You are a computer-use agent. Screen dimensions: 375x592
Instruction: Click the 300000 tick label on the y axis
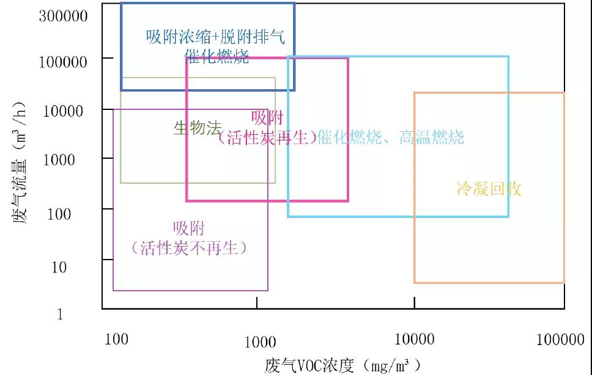pyautogui.click(x=64, y=16)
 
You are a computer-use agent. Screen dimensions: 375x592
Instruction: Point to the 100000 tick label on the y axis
pyautogui.click(x=64, y=62)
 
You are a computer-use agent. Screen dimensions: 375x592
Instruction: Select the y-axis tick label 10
pyautogui.click(x=59, y=267)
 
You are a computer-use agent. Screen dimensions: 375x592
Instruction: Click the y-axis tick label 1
pyautogui.click(x=60, y=315)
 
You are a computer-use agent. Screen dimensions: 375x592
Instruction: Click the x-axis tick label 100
pyautogui.click(x=116, y=339)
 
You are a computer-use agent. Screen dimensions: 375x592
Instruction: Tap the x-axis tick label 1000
pyautogui.click(x=260, y=342)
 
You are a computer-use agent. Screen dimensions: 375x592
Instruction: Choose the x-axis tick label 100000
pyautogui.click(x=560, y=340)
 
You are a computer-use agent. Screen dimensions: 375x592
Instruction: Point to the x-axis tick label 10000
pyautogui.click(x=414, y=339)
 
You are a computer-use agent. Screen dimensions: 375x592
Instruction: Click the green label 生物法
pyautogui.click(x=197, y=128)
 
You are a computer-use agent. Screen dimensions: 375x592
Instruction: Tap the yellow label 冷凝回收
pyautogui.click(x=489, y=189)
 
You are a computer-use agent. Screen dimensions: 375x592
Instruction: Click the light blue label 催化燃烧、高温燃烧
pyautogui.click(x=391, y=137)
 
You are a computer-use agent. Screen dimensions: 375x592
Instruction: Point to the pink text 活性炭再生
pyautogui.click(x=267, y=137)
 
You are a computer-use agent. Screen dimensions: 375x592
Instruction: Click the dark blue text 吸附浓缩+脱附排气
pyautogui.click(x=215, y=37)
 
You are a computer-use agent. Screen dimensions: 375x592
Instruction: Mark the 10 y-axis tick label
pyautogui.click(x=59, y=267)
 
